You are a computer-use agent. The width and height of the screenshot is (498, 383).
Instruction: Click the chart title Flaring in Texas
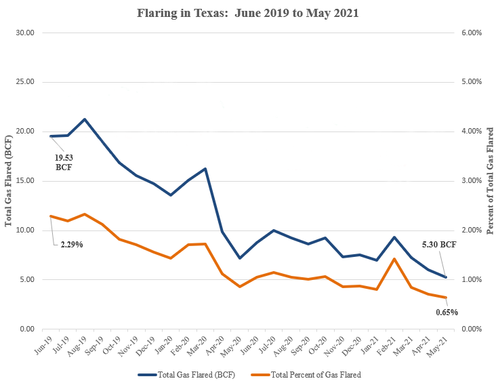tap(249, 12)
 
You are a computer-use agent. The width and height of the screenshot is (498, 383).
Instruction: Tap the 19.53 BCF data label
tap(64, 162)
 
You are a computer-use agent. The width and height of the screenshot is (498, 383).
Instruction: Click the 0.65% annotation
tap(447, 313)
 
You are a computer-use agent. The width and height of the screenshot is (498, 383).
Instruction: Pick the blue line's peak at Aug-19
tap(84, 119)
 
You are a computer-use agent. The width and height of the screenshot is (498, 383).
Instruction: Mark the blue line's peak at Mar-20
tap(205, 169)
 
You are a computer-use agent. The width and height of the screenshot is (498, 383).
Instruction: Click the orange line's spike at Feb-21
tap(394, 259)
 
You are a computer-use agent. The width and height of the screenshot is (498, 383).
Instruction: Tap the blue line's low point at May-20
tap(239, 258)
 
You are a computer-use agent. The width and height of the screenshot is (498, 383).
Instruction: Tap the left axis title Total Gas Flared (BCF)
tap(9, 180)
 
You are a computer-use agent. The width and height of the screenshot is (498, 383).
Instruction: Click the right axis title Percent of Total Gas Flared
tap(490, 180)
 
